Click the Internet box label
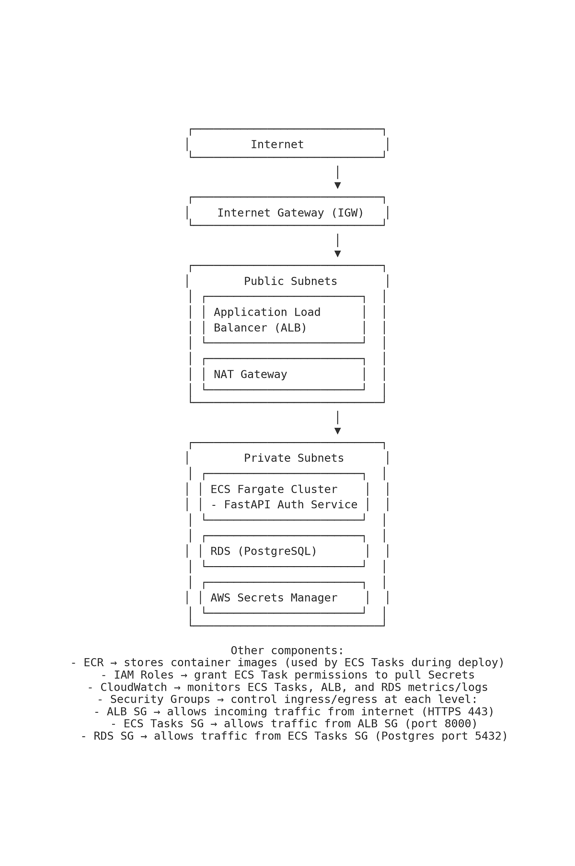tap(277, 145)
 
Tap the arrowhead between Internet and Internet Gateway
tap(337, 185)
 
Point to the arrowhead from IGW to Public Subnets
tap(337, 254)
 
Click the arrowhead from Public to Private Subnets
tap(337, 431)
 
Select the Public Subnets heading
tap(290, 282)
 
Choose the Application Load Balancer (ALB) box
tap(284, 320)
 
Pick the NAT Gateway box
tap(284, 375)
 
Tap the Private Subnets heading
tap(294, 458)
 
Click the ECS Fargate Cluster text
tap(274, 490)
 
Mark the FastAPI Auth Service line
tap(284, 505)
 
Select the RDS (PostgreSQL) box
tap(284, 551)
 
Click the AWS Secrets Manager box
tap(284, 598)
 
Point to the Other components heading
tap(287, 651)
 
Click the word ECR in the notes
tap(93, 663)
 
